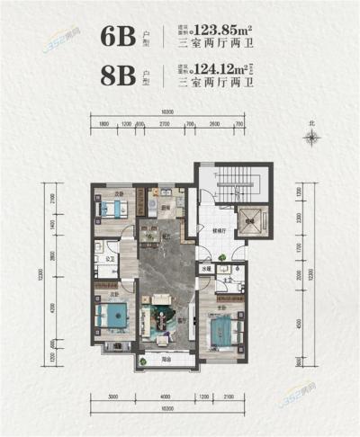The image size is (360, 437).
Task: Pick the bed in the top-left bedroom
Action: (x=112, y=210)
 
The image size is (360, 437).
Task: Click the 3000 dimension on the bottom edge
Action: (x=113, y=396)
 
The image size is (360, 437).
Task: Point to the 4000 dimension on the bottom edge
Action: (x=164, y=396)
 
